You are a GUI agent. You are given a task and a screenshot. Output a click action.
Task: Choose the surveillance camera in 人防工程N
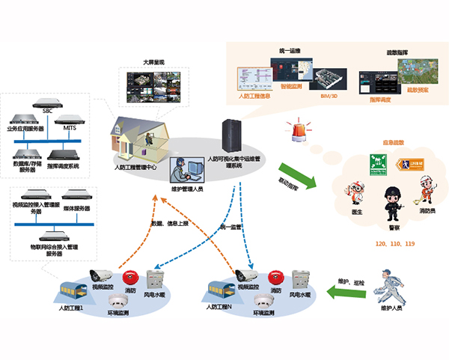click(245, 275)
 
